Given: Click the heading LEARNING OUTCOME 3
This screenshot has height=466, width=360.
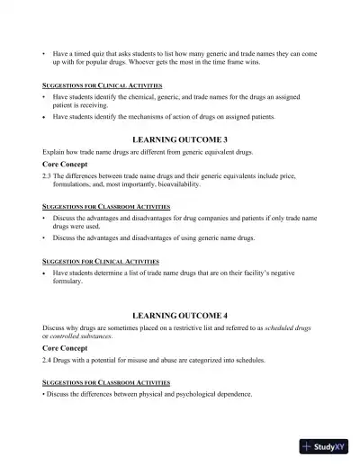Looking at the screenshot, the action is [180, 141].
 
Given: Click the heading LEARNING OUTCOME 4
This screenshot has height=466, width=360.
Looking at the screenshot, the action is [180, 316].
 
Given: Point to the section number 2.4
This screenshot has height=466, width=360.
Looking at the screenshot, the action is [47, 359].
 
